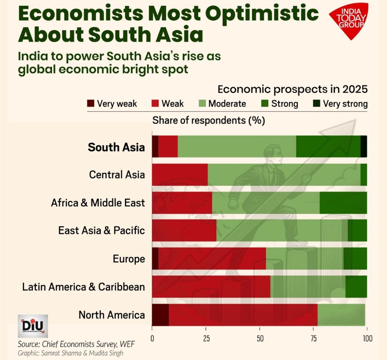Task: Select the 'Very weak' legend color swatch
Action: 91,104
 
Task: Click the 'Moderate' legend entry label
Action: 227,104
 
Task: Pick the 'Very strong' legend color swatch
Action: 316,104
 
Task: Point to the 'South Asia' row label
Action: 116,147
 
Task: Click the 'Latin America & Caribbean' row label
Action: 83,287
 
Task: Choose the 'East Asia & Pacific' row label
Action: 101,230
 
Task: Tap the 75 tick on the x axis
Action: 313,338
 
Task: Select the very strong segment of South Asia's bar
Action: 363,146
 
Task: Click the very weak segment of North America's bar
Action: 160,315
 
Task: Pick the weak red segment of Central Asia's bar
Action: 180,175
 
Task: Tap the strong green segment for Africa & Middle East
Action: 343,203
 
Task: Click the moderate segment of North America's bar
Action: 341,315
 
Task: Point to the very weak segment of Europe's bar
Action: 155,258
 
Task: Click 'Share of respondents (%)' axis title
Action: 208,120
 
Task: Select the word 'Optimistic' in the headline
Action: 262,14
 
